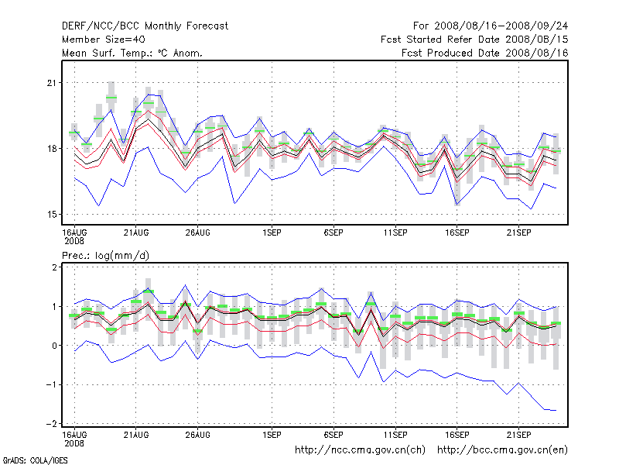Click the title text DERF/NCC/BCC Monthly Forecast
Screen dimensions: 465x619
[145, 26]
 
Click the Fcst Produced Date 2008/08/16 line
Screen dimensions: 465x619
[485, 53]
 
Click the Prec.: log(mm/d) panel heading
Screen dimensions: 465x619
[104, 255]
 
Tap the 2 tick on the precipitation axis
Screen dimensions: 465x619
[54, 267]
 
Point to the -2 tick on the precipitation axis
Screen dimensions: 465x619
[51, 423]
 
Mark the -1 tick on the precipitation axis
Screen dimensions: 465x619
[51, 384]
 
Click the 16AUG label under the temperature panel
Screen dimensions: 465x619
[74, 232]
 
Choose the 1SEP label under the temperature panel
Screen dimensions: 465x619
[272, 232]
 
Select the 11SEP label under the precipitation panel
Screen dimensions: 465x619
[395, 433]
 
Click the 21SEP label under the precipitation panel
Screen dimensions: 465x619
[518, 433]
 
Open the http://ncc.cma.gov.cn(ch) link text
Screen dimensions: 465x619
[361, 449]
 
